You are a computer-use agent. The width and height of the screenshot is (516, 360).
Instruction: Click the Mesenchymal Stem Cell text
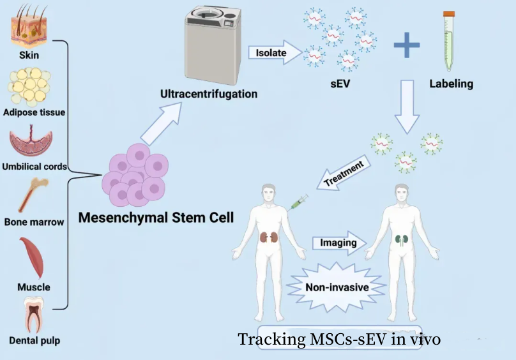point(156,217)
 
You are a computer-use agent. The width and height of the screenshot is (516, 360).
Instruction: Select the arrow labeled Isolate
point(274,53)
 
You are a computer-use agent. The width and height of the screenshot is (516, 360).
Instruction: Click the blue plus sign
point(407,48)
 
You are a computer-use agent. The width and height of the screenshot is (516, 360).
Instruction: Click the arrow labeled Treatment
point(345,173)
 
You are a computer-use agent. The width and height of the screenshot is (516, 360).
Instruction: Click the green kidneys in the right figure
point(402,240)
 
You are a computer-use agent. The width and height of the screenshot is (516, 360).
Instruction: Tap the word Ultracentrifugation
point(209,94)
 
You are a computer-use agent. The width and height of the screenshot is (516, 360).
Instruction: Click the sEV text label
point(342,84)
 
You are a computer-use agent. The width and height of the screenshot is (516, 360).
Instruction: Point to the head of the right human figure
point(402,195)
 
